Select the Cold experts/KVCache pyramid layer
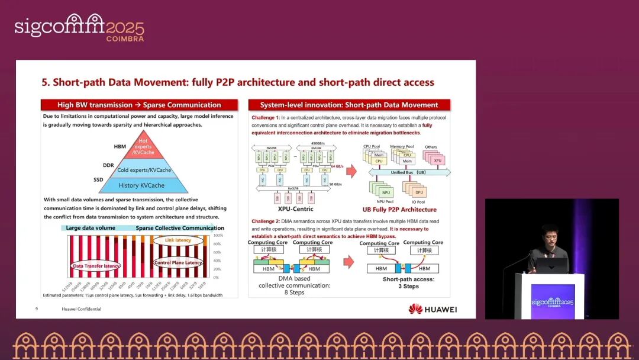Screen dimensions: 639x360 (x=144, y=170)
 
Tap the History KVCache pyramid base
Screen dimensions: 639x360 (x=144, y=185)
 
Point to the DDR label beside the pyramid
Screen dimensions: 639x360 (x=108, y=166)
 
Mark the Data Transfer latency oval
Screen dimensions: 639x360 (x=96, y=266)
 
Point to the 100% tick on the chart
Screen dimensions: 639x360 (x=218, y=236)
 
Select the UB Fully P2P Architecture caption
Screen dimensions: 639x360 (x=399, y=210)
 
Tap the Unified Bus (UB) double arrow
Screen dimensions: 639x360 (x=408, y=172)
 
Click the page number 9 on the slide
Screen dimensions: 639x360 (x=37, y=309)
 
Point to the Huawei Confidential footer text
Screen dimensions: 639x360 (x=81, y=309)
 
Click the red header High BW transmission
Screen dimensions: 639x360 (x=139, y=105)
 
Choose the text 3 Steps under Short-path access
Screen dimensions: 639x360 (x=409, y=287)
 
